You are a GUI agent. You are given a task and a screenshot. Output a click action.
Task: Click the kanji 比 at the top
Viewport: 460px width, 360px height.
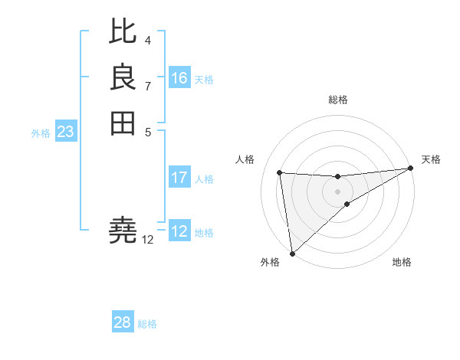(123, 31)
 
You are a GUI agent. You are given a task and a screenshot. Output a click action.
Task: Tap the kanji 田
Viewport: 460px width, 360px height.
(123, 123)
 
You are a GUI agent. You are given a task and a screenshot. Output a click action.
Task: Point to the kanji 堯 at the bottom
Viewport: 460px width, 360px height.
(123, 229)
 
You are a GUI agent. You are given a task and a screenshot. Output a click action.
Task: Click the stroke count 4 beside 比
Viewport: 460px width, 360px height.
(147, 40)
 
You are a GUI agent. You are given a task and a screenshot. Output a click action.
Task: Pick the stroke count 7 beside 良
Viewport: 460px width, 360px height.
(147, 86)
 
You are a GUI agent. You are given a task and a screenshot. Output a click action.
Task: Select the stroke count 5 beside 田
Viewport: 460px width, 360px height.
(147, 132)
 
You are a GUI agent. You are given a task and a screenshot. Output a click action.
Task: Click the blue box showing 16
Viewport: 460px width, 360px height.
(179, 78)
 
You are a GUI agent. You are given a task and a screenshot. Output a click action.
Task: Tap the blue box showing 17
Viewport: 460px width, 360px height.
(179, 178)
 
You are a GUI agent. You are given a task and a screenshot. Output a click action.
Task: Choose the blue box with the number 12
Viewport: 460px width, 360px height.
(179, 231)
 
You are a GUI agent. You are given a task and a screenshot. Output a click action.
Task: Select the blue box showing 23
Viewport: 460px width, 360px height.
(66, 132)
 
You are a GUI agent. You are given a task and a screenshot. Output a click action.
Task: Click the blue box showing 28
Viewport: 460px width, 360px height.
(123, 322)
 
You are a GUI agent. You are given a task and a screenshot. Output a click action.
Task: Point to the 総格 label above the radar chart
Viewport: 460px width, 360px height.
(338, 100)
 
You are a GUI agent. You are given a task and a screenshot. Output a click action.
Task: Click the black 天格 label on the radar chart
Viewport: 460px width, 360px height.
(431, 159)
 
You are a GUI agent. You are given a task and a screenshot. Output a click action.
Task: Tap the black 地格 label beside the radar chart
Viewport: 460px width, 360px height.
(402, 262)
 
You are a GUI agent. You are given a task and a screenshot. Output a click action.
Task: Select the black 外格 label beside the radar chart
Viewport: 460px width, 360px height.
(270, 262)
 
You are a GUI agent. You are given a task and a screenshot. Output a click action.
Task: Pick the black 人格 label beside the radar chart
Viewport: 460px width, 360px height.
(245, 159)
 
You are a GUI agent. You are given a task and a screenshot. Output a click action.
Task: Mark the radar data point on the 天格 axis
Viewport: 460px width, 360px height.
(411, 169)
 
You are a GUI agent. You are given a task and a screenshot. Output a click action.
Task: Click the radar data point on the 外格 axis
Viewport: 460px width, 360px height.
(292, 254)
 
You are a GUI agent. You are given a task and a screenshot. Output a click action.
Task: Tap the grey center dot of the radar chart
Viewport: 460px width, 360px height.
(338, 191)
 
